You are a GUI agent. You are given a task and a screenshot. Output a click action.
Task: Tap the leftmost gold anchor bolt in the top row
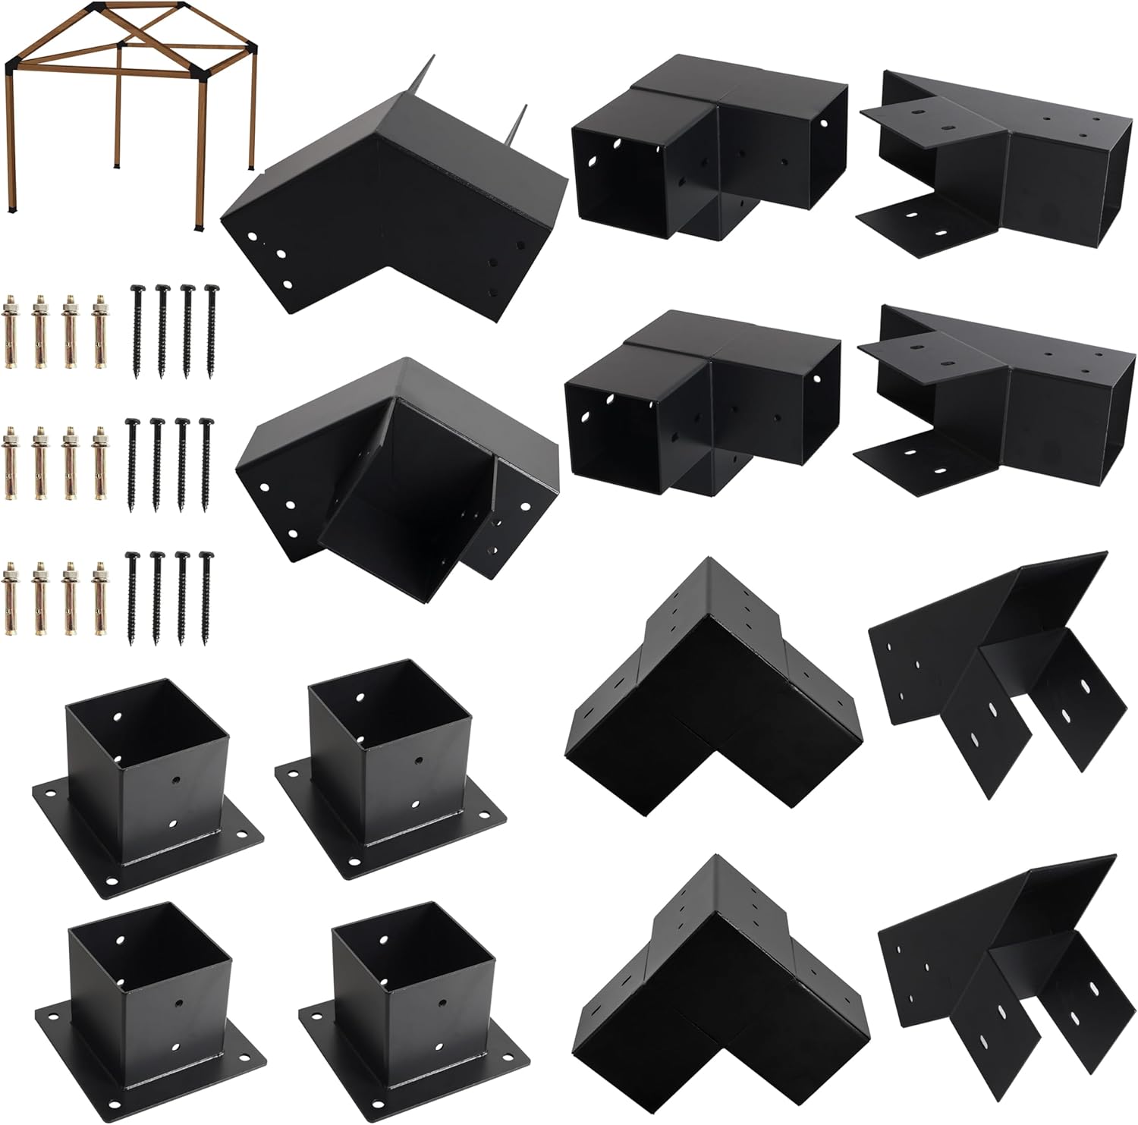pyautogui.click(x=11, y=331)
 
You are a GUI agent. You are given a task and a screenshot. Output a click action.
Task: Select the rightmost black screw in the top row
pyautogui.click(x=210, y=331)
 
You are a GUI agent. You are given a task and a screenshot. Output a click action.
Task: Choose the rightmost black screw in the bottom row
pyautogui.click(x=205, y=595)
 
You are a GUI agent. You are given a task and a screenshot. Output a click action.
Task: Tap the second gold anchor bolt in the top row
pyautogui.click(x=39, y=331)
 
